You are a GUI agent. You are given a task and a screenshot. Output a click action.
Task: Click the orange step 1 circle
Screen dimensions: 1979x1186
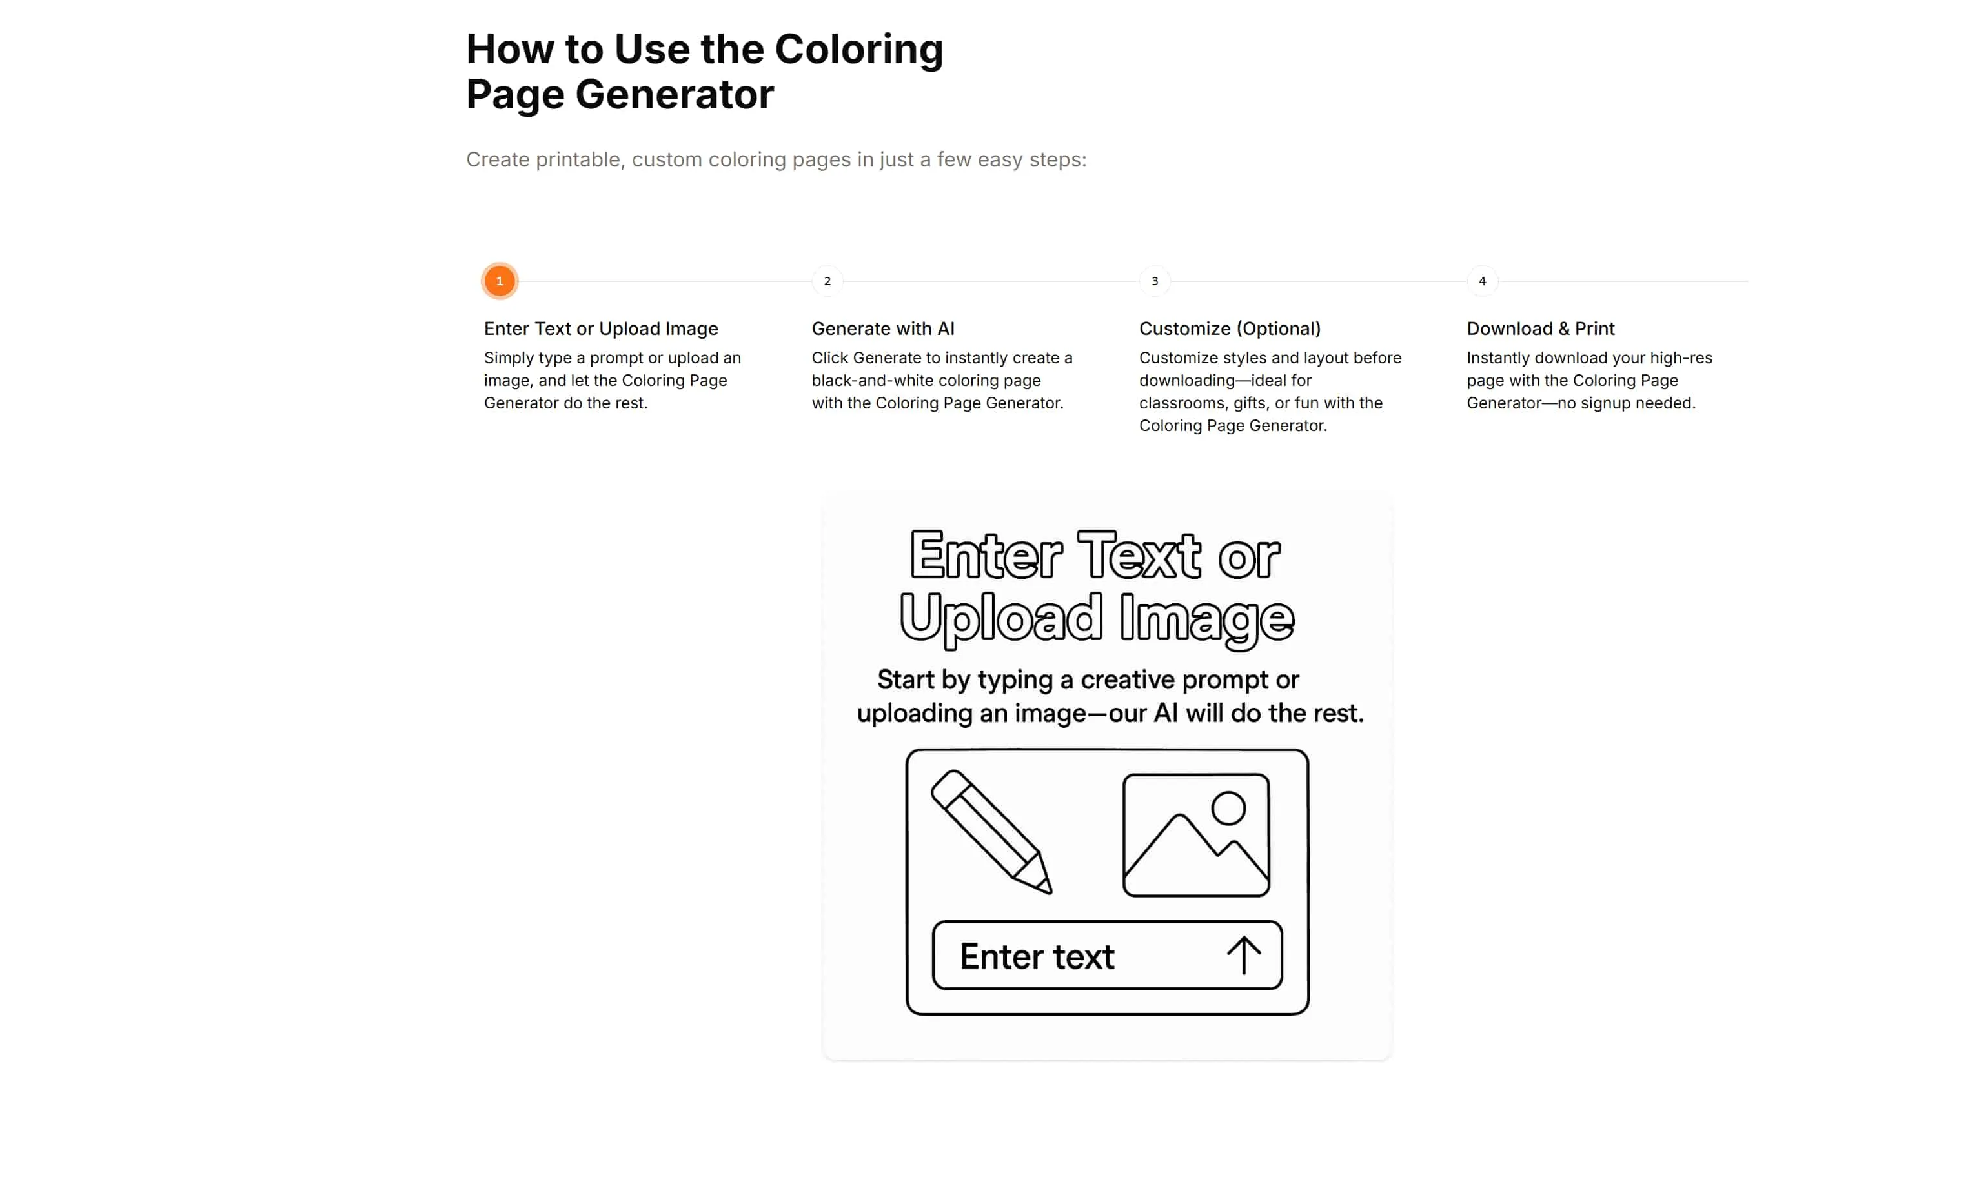(500, 281)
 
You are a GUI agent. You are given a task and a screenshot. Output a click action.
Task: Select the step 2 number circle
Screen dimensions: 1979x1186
(827, 281)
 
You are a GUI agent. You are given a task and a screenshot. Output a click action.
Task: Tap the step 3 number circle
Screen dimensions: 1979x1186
(1154, 281)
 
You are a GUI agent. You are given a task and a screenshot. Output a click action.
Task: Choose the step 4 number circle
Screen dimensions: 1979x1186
(1482, 281)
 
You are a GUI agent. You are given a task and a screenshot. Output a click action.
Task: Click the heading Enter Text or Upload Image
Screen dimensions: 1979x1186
(601, 328)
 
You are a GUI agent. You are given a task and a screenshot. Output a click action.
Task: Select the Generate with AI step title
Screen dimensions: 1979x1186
(883, 328)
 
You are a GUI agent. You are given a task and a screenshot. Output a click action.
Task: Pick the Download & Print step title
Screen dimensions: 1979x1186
(1540, 328)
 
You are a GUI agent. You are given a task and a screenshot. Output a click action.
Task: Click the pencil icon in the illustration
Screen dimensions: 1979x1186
(991, 831)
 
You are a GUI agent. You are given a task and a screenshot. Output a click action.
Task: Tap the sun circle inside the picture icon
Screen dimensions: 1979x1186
(1228, 808)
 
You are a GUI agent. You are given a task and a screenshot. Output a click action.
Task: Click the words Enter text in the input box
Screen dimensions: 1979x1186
(1037, 957)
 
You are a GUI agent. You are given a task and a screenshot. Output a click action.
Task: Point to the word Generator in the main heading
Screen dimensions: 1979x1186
(675, 94)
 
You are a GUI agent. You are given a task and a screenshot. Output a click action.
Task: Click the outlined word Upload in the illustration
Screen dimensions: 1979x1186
(1000, 618)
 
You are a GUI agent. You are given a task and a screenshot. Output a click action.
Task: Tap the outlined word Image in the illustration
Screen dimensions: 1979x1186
(1207, 618)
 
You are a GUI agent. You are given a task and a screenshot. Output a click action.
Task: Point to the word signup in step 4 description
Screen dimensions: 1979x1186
(1610, 403)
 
